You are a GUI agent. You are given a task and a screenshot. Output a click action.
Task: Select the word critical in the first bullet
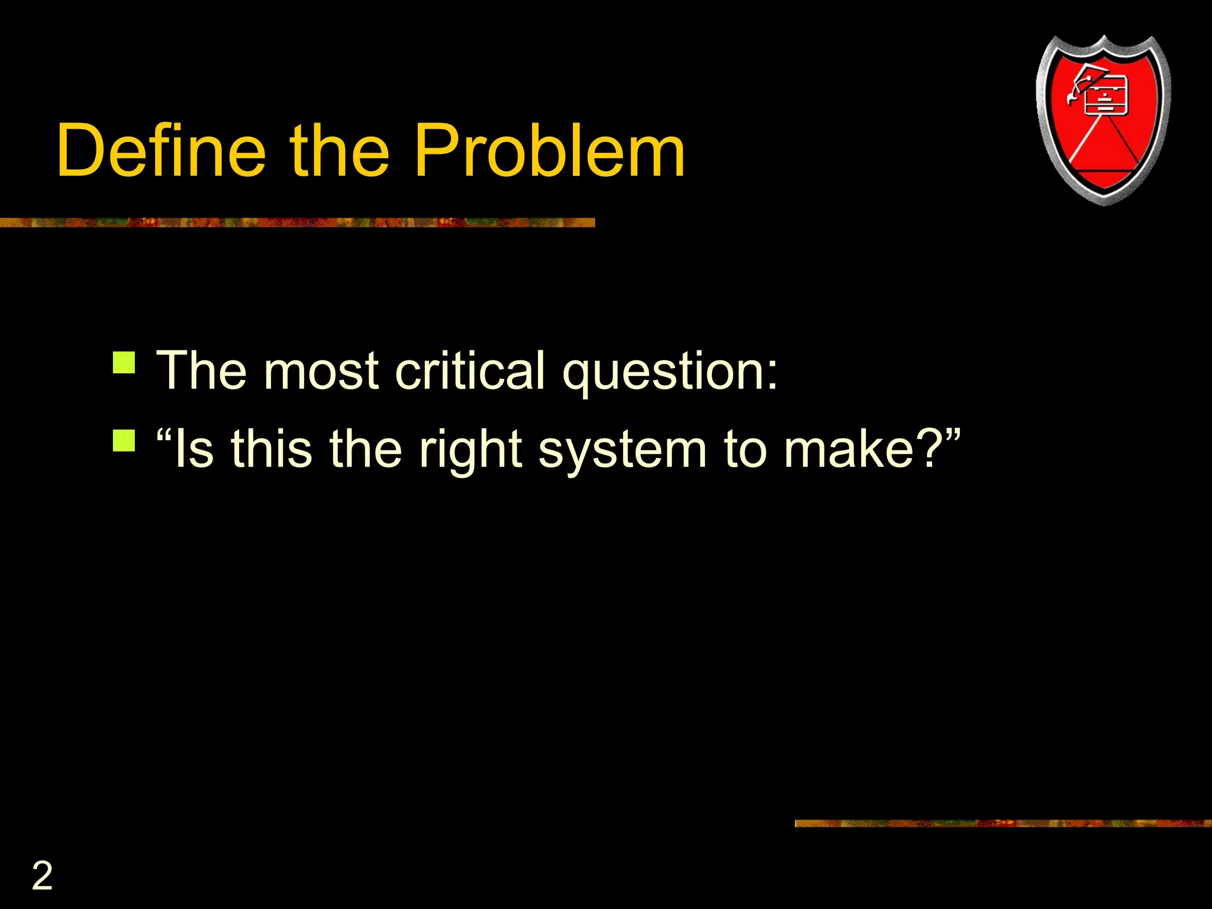point(470,371)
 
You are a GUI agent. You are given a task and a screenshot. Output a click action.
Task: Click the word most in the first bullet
point(321,371)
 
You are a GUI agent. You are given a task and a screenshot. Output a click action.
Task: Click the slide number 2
point(42,876)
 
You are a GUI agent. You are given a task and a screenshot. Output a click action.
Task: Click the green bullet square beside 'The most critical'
point(124,363)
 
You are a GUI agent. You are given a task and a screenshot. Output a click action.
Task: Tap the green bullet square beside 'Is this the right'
point(124,441)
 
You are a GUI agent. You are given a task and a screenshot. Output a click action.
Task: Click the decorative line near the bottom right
point(1003,823)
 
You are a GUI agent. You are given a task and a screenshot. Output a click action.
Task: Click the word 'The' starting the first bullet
point(201,371)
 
